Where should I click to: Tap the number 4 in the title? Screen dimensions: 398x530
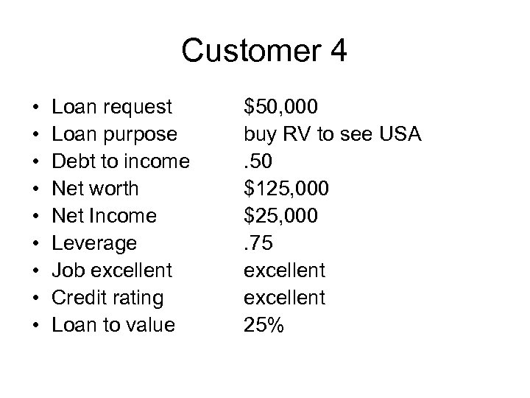pos(338,52)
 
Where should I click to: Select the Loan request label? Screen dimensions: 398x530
pos(112,108)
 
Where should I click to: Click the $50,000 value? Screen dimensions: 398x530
pos(281,108)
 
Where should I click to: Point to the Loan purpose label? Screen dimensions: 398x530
pos(114,135)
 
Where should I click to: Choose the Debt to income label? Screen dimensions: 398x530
pos(121,162)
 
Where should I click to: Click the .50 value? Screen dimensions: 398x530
pos(261,162)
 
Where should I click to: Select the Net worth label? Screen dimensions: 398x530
pos(95,189)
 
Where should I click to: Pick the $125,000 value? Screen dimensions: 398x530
pos(287,189)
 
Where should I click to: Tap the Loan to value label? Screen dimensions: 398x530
pos(114,325)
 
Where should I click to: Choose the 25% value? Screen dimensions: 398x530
pos(265,325)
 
